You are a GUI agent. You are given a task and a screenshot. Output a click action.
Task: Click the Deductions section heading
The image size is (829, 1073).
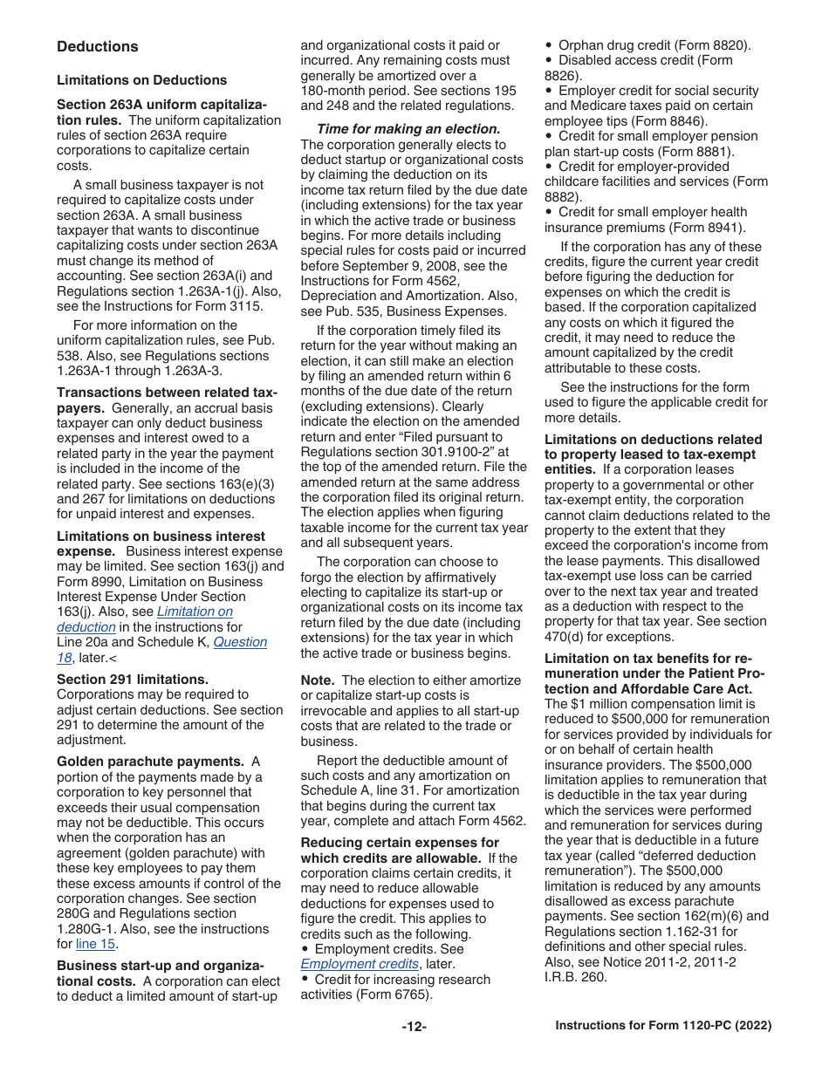click(x=97, y=47)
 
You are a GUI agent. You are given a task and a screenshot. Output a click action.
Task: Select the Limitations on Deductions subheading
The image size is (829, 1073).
click(x=141, y=80)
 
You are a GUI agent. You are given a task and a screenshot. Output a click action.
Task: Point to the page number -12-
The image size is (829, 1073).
click(x=414, y=1027)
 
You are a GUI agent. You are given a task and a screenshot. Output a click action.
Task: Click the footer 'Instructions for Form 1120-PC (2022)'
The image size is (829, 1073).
click(x=663, y=1027)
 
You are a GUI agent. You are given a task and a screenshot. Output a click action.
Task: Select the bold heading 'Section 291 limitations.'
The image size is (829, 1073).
click(x=133, y=680)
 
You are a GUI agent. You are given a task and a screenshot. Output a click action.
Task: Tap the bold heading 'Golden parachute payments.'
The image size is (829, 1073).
click(x=150, y=762)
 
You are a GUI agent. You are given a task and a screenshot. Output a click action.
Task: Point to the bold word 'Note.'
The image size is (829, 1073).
click(x=318, y=680)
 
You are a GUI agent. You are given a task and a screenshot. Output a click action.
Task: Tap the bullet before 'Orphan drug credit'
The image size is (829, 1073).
click(x=548, y=45)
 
